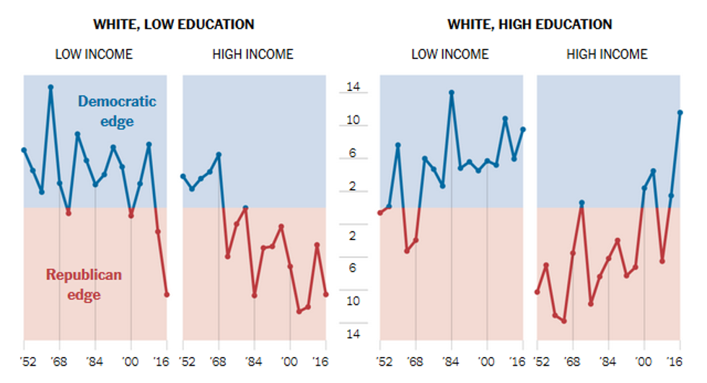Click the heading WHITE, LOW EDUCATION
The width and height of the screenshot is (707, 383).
[173, 25]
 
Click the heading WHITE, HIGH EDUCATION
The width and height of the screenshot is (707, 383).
[530, 25]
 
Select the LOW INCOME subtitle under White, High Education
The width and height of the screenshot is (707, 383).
[449, 54]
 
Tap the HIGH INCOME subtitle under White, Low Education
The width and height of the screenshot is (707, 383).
[252, 54]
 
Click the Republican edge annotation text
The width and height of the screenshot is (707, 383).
[84, 284]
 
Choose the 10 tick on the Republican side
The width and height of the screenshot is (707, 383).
[353, 301]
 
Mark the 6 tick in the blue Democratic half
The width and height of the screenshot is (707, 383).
[353, 154]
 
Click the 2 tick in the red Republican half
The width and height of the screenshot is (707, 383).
[353, 236]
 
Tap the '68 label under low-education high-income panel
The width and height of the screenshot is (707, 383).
[218, 363]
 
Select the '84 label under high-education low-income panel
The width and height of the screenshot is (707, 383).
[451, 363]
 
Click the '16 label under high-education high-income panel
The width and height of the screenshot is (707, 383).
[679, 363]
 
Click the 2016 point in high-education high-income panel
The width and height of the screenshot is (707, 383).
[680, 113]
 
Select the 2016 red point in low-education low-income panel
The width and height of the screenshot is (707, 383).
[167, 294]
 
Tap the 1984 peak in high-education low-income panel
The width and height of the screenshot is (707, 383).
[452, 92]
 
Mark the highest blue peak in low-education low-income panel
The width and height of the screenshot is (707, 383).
[50, 87]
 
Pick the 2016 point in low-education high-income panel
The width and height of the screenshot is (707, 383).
[325, 294]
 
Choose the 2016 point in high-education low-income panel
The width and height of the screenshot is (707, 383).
[522, 130]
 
